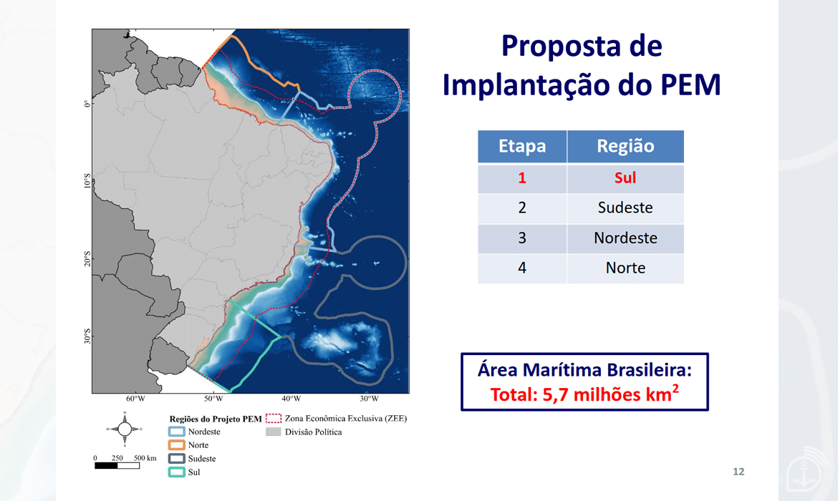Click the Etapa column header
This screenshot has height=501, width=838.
point(522,146)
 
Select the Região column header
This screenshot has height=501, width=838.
point(625,146)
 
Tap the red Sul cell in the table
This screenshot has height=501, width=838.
point(625,178)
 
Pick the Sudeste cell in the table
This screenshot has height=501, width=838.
point(625,208)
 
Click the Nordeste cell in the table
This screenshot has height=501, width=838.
point(625,238)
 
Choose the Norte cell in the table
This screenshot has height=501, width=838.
point(625,268)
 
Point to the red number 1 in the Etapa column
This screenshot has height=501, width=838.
point(522,178)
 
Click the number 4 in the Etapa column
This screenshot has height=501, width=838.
point(522,268)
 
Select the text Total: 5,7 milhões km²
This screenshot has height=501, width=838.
point(584,394)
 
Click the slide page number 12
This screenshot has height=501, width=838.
point(738,472)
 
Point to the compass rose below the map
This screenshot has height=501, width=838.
point(125,429)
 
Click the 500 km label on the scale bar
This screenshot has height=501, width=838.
point(145,458)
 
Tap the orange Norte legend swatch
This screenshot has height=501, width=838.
point(176,445)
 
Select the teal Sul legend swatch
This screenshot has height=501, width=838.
point(176,472)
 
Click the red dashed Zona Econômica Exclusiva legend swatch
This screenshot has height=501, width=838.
point(273,418)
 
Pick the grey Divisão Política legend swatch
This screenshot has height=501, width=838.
point(273,432)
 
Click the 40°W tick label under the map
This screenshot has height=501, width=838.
point(292,399)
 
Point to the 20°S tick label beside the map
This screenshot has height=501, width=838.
point(87,259)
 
